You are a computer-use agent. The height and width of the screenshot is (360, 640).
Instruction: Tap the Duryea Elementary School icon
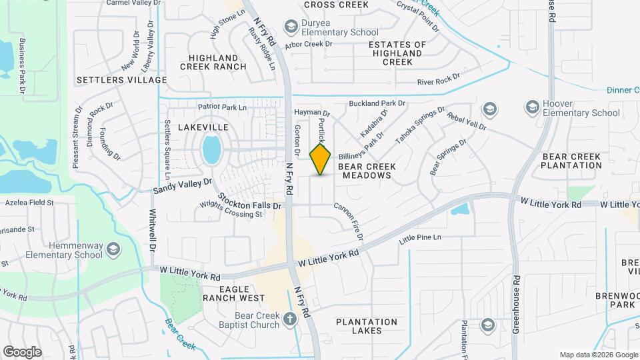(290, 27)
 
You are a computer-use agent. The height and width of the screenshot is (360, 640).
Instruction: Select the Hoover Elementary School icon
(532, 107)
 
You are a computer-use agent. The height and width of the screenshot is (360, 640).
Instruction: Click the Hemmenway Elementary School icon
(113, 249)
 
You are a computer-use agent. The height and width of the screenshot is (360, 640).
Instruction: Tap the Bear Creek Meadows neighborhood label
(367, 171)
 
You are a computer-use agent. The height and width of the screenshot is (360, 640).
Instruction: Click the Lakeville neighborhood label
(203, 127)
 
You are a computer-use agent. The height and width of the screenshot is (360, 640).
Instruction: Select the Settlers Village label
(121, 80)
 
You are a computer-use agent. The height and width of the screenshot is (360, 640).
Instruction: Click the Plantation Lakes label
(367, 326)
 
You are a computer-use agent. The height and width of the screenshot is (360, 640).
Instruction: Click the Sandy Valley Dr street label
(182, 186)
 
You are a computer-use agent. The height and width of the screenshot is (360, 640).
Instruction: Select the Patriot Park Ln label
(222, 107)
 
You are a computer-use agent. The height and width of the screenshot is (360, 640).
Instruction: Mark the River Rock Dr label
(438, 81)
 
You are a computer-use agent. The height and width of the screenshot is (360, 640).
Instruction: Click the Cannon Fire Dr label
(349, 222)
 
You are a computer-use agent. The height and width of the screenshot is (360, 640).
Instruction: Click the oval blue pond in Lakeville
(211, 150)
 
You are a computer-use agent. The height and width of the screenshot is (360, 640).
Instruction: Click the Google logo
(22, 351)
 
